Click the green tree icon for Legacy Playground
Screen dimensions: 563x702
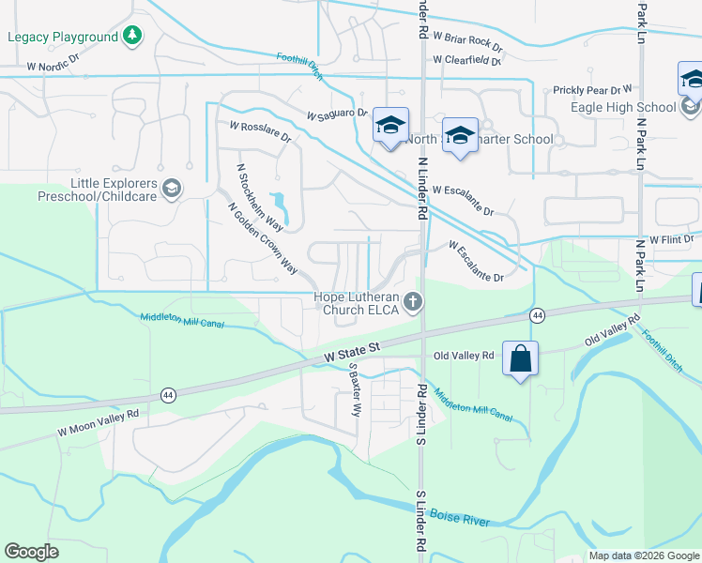[x=133, y=37]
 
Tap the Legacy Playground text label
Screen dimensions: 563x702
[x=63, y=38]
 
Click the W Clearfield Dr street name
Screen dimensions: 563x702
[x=467, y=60]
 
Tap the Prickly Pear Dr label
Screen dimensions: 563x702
[x=592, y=90]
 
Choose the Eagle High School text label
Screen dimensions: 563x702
[x=622, y=107]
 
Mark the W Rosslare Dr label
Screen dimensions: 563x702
[x=260, y=130]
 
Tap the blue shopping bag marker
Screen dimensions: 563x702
[x=521, y=358]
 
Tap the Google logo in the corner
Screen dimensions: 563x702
[x=32, y=551]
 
